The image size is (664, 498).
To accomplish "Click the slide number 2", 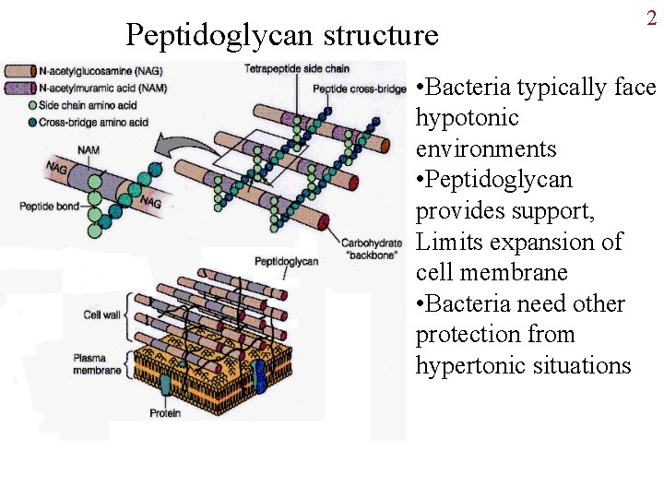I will pyautogui.click(x=651, y=18).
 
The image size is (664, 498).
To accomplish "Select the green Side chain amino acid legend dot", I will pyautogui.click(x=8, y=102).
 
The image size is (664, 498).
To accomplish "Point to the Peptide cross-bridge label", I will pyautogui.click(x=359, y=89).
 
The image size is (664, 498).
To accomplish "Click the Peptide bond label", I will pyautogui.click(x=49, y=207).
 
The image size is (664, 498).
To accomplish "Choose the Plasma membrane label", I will pyautogui.click(x=98, y=364).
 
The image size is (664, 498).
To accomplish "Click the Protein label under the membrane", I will pyautogui.click(x=165, y=413).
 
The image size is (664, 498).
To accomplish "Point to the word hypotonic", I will pyautogui.click(x=467, y=118).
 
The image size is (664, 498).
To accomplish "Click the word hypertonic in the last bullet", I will pyautogui.click(x=472, y=365).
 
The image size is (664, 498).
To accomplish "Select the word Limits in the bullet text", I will pyautogui.click(x=448, y=243).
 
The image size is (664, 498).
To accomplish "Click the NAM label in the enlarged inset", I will pyautogui.click(x=89, y=149).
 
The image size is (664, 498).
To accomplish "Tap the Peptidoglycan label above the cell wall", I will pyautogui.click(x=285, y=261).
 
